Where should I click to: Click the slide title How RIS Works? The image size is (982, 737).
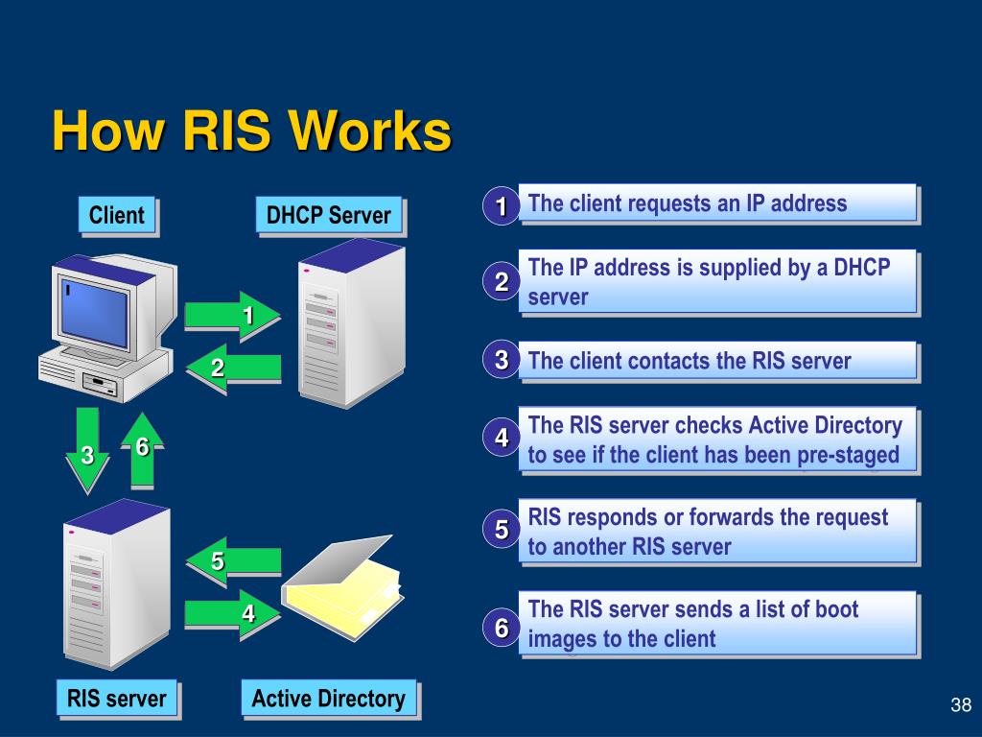click(x=252, y=131)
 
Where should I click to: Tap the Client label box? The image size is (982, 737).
click(x=118, y=216)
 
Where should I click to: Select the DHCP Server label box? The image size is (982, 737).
click(x=330, y=216)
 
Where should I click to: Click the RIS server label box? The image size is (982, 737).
click(x=118, y=699)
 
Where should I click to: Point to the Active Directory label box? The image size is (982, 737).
click(x=330, y=699)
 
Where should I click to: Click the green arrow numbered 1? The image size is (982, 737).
click(x=232, y=316)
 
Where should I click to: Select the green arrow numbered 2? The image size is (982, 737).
click(x=233, y=368)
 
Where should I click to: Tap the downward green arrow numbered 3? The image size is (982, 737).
click(x=87, y=450)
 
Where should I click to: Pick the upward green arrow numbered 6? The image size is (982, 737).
click(x=143, y=450)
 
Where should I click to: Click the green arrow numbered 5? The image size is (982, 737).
click(x=233, y=561)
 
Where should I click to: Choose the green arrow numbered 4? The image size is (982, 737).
click(x=232, y=614)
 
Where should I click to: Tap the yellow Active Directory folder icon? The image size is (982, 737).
click(x=342, y=587)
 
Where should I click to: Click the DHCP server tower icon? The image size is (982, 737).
click(x=352, y=322)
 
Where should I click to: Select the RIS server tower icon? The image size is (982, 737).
click(x=116, y=583)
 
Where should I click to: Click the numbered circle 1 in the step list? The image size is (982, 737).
click(x=501, y=205)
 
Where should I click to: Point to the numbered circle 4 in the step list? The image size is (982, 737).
click(x=501, y=438)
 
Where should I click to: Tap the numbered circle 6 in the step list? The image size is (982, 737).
click(x=501, y=628)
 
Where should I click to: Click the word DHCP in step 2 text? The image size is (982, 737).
click(x=862, y=268)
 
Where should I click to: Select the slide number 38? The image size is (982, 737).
click(x=961, y=705)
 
